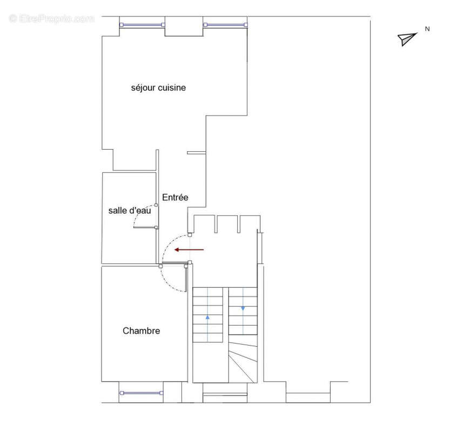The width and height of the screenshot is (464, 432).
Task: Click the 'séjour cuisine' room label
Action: (158, 87)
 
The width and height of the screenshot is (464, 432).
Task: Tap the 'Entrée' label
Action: (175, 198)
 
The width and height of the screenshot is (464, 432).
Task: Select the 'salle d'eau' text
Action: (130, 211)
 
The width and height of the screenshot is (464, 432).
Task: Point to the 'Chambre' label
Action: (141, 331)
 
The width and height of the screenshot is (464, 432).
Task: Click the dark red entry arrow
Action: (189, 250)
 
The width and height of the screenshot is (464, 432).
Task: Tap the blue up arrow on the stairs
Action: (208, 317)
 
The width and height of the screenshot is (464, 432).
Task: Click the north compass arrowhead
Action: (407, 38)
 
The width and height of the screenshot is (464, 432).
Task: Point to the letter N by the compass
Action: (427, 29)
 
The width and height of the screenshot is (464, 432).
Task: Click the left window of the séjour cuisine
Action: (142, 24)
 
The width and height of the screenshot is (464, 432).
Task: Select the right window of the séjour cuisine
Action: (225, 24)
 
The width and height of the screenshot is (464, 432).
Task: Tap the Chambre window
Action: (141, 393)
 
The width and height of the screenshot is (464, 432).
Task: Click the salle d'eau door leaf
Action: (145, 228)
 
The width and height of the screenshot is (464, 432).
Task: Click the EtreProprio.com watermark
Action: (51, 18)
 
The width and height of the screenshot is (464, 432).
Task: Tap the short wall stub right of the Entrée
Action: (196, 153)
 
